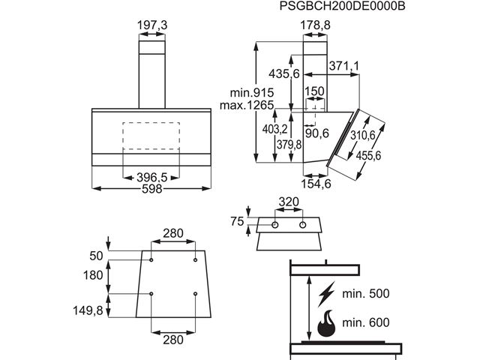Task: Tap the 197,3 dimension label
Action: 152,25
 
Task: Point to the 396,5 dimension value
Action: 151,177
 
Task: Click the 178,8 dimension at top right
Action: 316,25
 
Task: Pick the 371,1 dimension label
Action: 343,67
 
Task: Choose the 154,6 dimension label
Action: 316,184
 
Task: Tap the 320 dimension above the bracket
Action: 288,202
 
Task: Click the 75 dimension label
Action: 237,220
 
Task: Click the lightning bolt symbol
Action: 328,293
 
